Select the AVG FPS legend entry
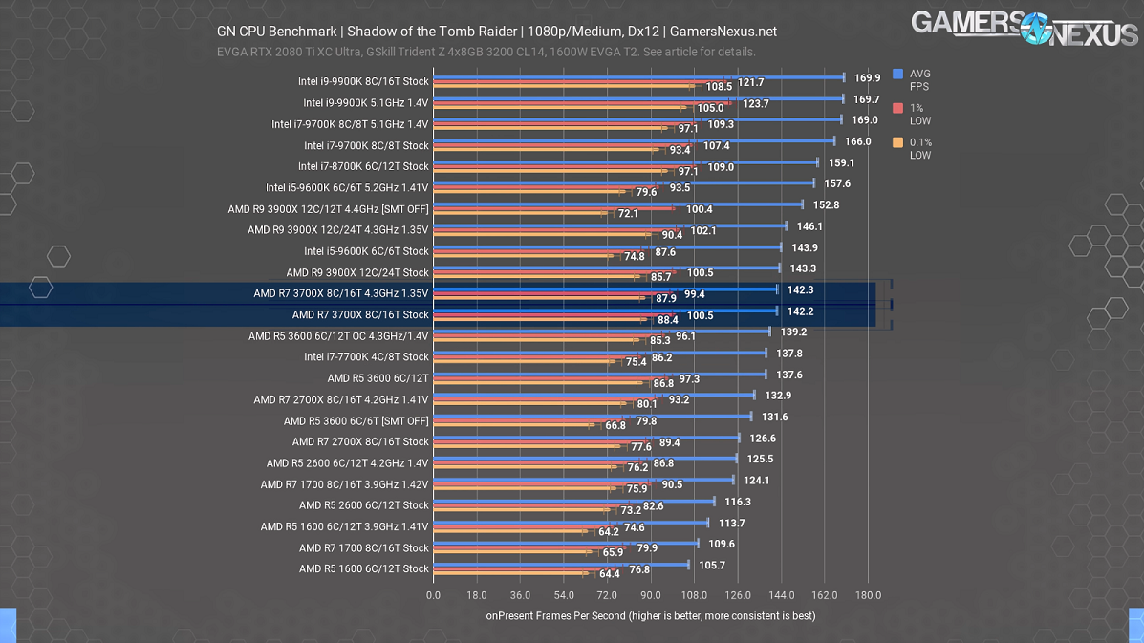pyautogui.click(x=913, y=80)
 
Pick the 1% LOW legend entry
pyautogui.click(x=913, y=115)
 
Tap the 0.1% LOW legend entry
pyautogui.click(x=913, y=149)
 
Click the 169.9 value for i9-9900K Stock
pyautogui.click(x=867, y=78)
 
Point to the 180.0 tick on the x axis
pyautogui.click(x=868, y=595)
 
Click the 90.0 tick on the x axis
pyautogui.click(x=650, y=595)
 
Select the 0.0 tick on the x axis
pyautogui.click(x=433, y=595)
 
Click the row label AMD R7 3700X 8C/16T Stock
pyautogui.click(x=360, y=314)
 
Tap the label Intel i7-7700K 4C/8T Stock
pyautogui.click(x=366, y=356)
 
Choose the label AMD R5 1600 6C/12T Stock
pyautogui.click(x=364, y=568)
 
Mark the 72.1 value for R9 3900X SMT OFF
pyautogui.click(x=628, y=214)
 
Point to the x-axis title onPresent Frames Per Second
pyautogui.click(x=650, y=616)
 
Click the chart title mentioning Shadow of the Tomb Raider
pyautogui.click(x=497, y=32)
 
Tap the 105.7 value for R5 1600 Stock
pyautogui.click(x=712, y=565)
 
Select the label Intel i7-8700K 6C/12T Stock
pyautogui.click(x=363, y=166)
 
